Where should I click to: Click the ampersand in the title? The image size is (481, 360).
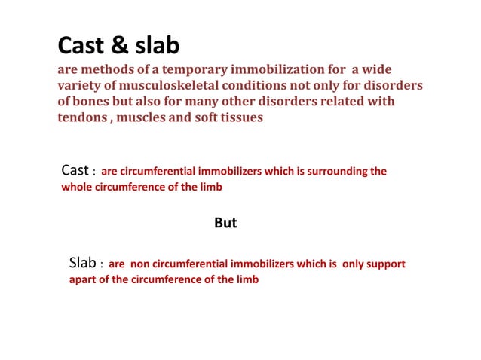click(x=121, y=46)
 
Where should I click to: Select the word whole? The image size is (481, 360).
click(x=77, y=187)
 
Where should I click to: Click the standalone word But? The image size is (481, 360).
click(x=226, y=223)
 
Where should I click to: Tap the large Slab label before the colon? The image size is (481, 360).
click(x=83, y=264)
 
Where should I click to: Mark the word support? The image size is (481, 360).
click(x=386, y=264)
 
